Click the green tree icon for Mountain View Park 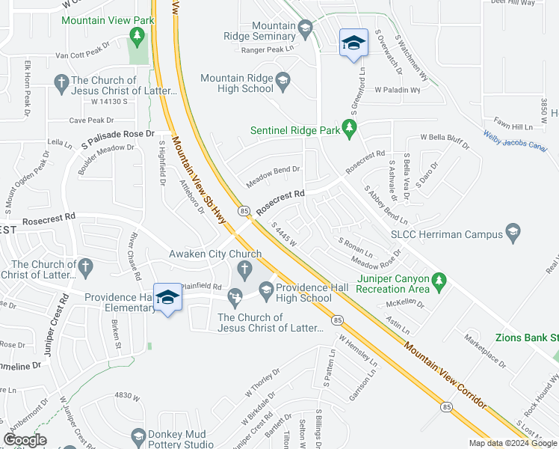click(x=136, y=34)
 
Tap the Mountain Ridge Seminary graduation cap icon click(x=305, y=30)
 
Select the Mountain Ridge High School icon click(x=282, y=79)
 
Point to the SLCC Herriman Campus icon click(x=513, y=233)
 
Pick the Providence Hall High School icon click(x=265, y=288)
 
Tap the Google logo click(x=25, y=440)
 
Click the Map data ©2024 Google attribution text click(x=512, y=443)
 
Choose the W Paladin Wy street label click(x=398, y=90)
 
